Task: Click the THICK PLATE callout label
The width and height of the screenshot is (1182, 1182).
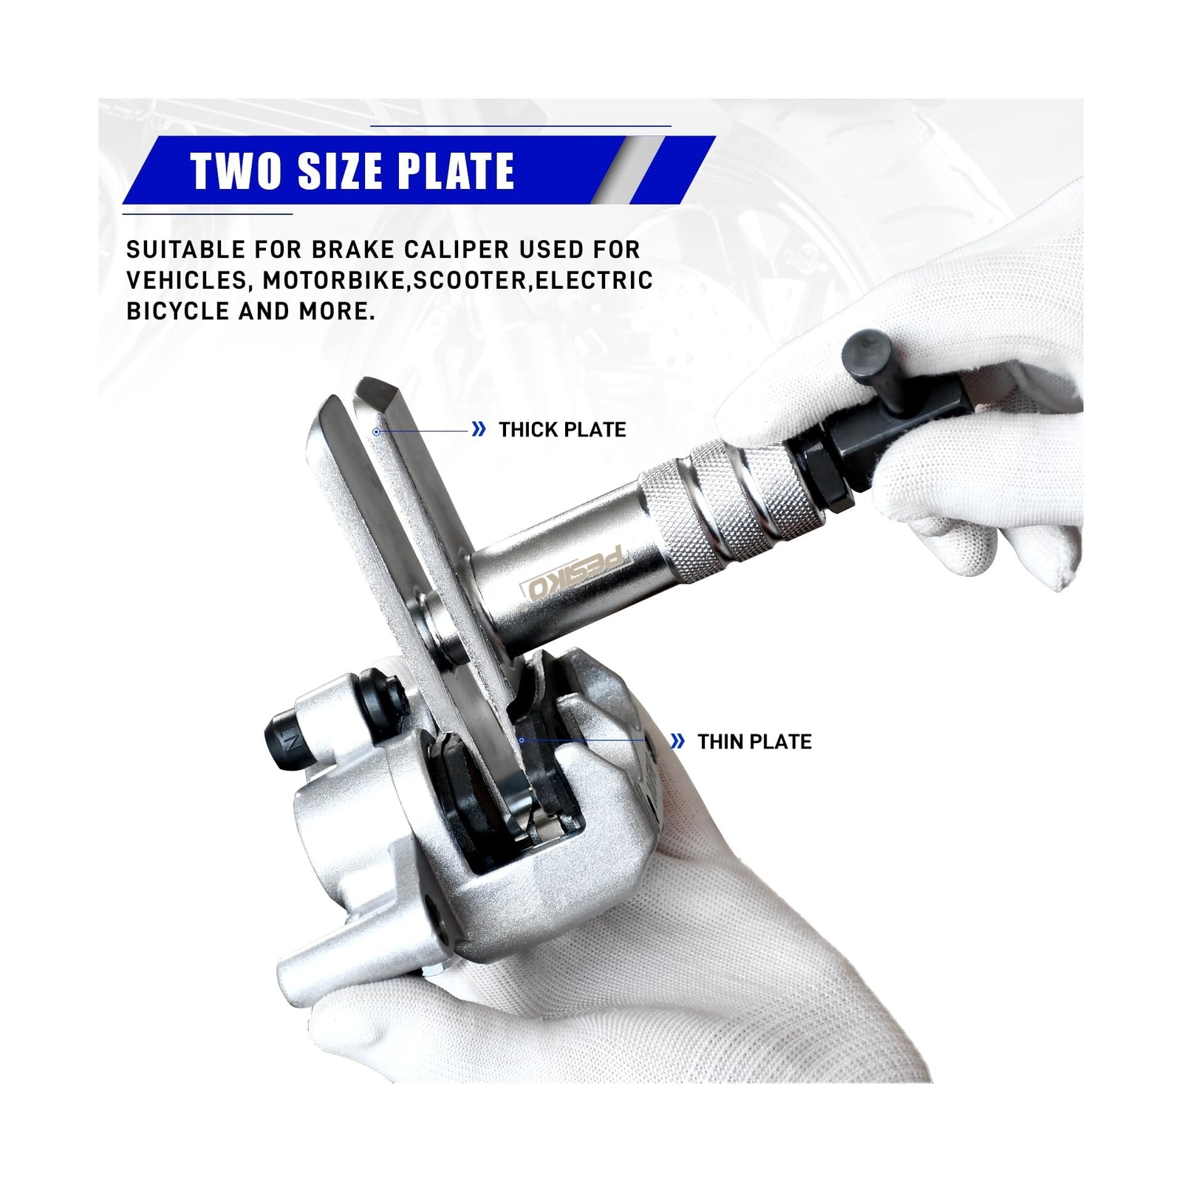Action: (x=562, y=429)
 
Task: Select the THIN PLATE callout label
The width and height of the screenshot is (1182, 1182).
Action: (x=754, y=741)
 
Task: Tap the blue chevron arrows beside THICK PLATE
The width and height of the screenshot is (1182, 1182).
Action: (x=479, y=429)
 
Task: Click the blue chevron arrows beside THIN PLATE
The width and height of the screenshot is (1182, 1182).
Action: (x=677, y=741)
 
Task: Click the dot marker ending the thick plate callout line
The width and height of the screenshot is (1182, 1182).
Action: (x=376, y=431)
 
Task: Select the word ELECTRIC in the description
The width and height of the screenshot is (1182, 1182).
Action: (x=594, y=281)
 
